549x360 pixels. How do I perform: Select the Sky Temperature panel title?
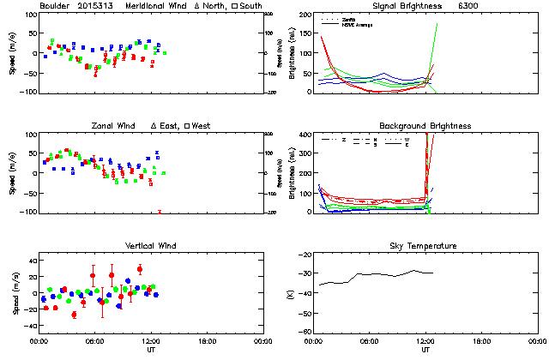[x=425, y=246]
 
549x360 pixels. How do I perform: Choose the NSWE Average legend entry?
[x=355, y=24]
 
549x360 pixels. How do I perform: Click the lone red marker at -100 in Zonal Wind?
[x=160, y=211]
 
